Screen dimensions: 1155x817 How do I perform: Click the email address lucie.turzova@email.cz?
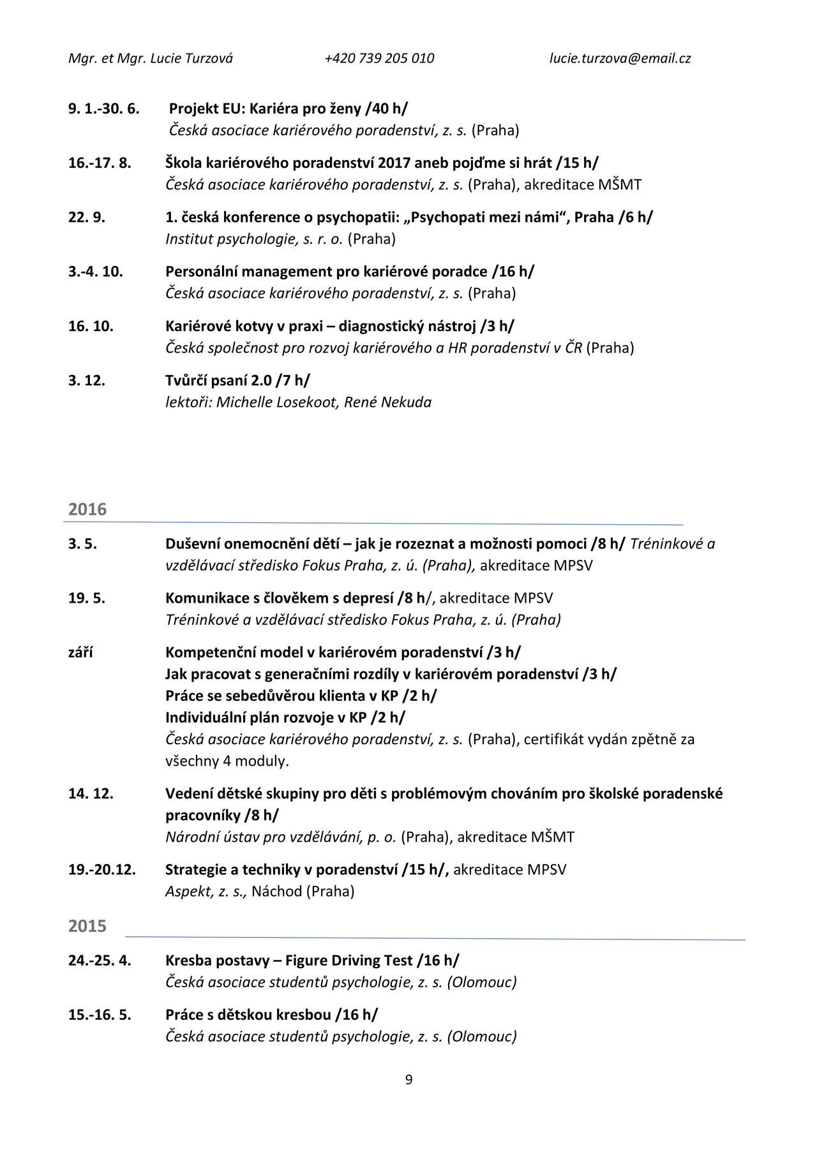pos(620,59)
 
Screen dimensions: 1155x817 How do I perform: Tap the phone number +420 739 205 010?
pos(379,59)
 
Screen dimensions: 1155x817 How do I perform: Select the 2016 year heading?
pos(87,510)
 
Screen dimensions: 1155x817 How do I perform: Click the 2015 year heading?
pos(87,926)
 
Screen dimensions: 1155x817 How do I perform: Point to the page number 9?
pos(408,1080)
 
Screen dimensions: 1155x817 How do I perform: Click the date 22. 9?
pos(87,217)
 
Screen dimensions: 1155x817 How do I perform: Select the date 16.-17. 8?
pos(100,163)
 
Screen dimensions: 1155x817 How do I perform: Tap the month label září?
pos(80,652)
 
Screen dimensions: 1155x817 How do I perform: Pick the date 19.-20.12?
pos(102,870)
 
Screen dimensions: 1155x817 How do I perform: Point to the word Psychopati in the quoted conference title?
pos(443,217)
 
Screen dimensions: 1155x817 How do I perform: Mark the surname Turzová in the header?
pos(209,59)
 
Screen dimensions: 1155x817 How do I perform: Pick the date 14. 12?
pos(91,794)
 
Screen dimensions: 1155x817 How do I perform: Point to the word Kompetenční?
pos(209,652)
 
